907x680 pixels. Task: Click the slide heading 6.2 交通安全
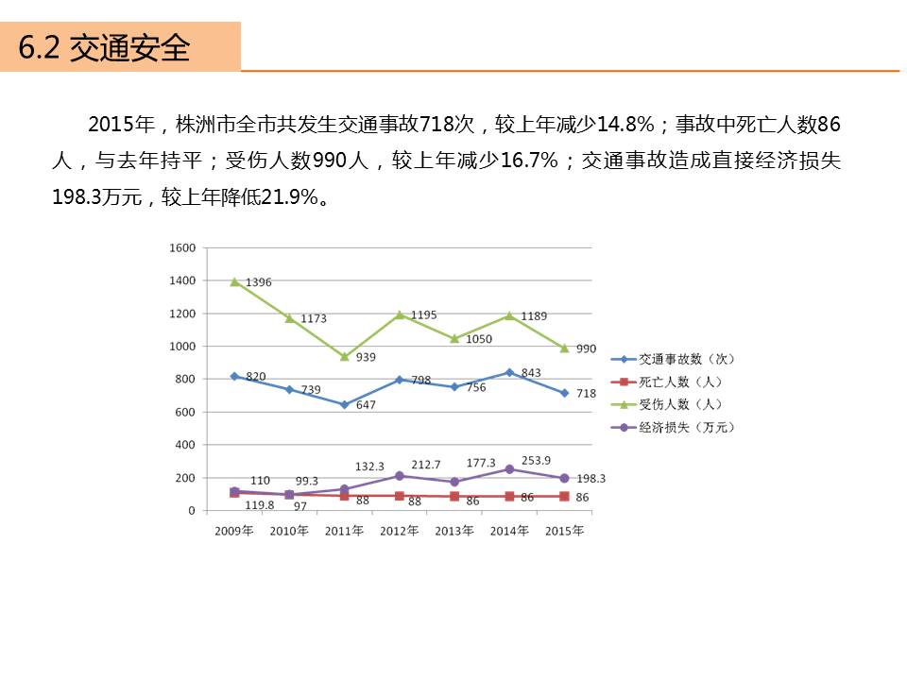click(x=105, y=47)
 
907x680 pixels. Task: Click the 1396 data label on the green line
click(x=258, y=282)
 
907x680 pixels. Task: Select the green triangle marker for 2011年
click(x=345, y=357)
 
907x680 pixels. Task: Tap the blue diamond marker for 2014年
click(x=509, y=372)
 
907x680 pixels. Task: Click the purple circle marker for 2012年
click(x=400, y=476)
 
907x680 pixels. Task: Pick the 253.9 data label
click(x=536, y=460)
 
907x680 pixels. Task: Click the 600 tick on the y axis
click(x=184, y=412)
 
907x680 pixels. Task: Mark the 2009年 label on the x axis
click(x=234, y=531)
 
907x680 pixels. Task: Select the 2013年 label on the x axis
click(x=454, y=531)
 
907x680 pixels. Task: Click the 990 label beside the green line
click(x=586, y=348)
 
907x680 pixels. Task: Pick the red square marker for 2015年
click(x=564, y=497)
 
